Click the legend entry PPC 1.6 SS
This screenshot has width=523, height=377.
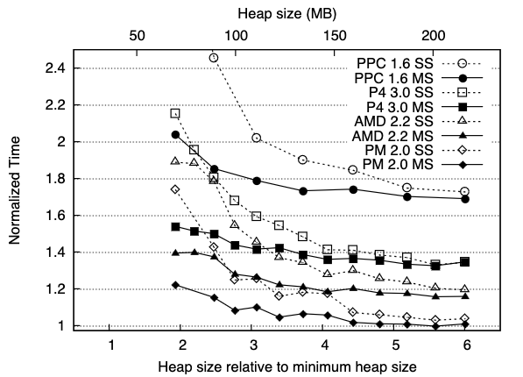pyautogui.click(x=395, y=63)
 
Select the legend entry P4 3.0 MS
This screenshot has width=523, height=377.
pyautogui.click(x=399, y=107)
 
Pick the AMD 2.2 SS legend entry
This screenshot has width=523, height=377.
pyautogui.click(x=393, y=121)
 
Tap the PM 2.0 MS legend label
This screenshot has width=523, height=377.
pyautogui.click(x=398, y=164)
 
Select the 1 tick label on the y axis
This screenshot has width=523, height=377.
pyautogui.click(x=61, y=325)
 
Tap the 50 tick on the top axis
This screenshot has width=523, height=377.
pyautogui.click(x=137, y=36)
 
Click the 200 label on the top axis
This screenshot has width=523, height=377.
pyautogui.click(x=433, y=36)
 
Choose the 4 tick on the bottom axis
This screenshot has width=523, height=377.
pyautogui.click(x=324, y=345)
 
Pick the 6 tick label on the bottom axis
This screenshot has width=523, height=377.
pyautogui.click(x=467, y=345)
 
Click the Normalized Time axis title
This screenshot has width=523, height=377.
pyautogui.click(x=15, y=190)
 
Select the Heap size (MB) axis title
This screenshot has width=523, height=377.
pyautogui.click(x=287, y=14)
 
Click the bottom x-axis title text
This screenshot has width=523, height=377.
pyautogui.click(x=287, y=366)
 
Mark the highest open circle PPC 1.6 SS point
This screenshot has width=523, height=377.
pyautogui.click(x=214, y=58)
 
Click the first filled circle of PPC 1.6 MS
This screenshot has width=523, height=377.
pyautogui.click(x=175, y=135)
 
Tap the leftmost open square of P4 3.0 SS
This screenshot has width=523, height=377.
pyautogui.click(x=175, y=113)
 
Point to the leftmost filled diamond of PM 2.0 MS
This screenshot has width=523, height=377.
pyautogui.click(x=175, y=285)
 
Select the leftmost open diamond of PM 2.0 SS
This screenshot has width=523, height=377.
pyautogui.click(x=175, y=189)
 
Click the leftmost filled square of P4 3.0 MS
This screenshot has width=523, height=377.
pyautogui.click(x=175, y=227)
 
